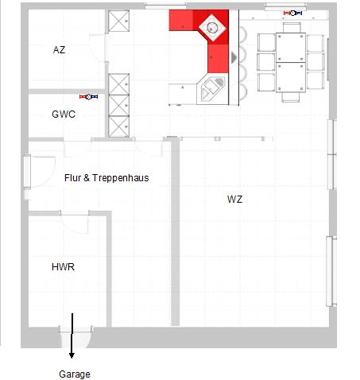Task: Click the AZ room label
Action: [59, 50]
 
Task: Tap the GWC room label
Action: [64, 114]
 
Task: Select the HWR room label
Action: [63, 267]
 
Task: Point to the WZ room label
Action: [234, 199]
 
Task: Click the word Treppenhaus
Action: [121, 178]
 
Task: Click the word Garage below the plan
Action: [75, 374]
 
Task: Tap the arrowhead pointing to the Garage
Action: [72, 355]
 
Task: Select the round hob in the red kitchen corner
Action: [211, 27]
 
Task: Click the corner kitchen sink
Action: [213, 88]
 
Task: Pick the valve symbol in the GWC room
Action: [89, 97]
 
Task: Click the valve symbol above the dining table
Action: [292, 13]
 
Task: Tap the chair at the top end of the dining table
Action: [292, 28]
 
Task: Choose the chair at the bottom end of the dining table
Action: [291, 97]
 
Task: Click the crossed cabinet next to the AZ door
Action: [118, 21]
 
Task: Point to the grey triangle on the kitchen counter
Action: [234, 57]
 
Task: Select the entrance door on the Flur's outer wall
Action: [27, 172]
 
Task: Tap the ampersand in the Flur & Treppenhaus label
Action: [87, 177]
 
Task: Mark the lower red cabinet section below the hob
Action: [218, 59]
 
